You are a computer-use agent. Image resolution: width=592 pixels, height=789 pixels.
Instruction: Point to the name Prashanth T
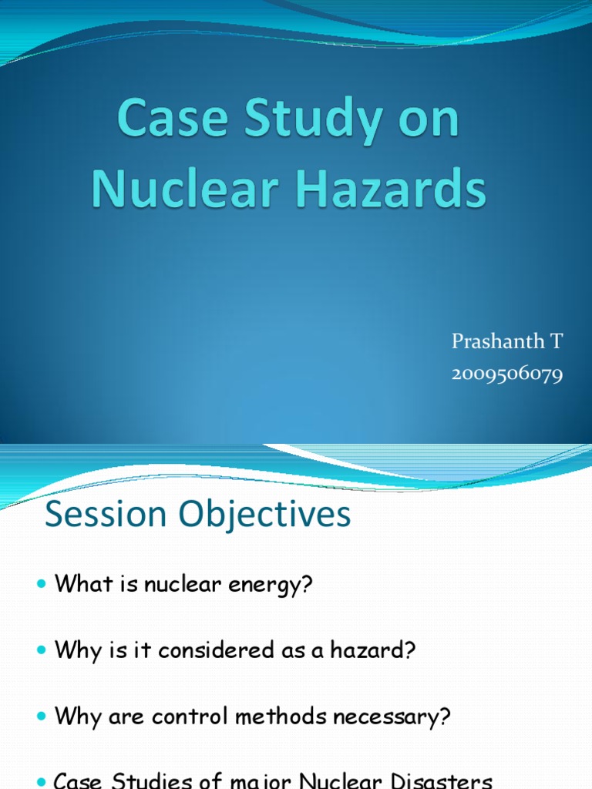click(x=507, y=341)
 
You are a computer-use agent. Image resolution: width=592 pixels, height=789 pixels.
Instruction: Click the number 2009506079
click(x=507, y=375)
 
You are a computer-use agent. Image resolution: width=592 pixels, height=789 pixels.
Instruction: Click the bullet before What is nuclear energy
click(x=42, y=585)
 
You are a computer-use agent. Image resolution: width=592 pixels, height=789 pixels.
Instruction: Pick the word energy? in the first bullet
click(x=271, y=585)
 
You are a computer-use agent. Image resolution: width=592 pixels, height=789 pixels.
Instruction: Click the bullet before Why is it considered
click(x=42, y=651)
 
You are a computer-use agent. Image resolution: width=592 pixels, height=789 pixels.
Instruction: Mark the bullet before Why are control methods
click(x=42, y=717)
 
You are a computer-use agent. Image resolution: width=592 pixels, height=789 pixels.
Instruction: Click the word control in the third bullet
click(x=190, y=717)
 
